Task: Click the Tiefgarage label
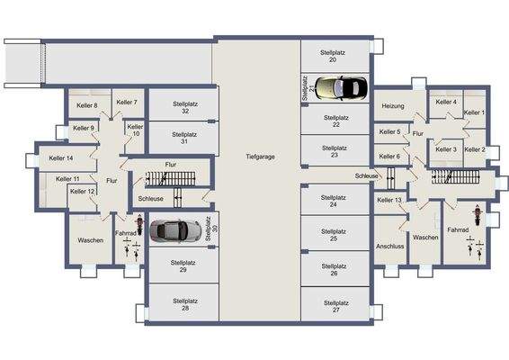coord(260,157)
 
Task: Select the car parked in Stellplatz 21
coord(340,87)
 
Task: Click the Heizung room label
coord(392,107)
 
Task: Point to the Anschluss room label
coord(390,245)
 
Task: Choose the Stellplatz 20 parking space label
coord(334,57)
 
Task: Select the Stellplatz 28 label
coord(183,306)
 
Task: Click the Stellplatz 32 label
coord(183,107)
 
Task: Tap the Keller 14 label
coord(61,158)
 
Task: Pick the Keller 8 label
coord(84,106)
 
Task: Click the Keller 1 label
coord(474,112)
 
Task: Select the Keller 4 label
coord(446,103)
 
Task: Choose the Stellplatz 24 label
coord(334,201)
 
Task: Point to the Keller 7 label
coord(127,103)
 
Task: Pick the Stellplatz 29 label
coord(183,265)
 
